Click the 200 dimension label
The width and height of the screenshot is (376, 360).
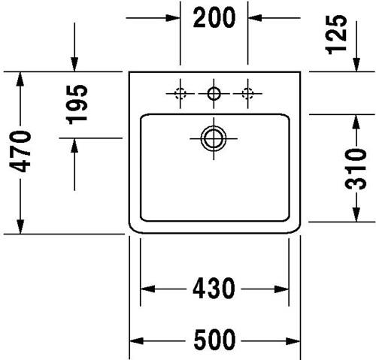pyautogui.click(x=214, y=17)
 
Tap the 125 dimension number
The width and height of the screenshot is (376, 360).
pyautogui.click(x=336, y=35)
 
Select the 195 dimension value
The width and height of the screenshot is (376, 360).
pyautogui.click(x=77, y=104)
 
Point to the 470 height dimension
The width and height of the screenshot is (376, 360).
pyautogui.click(x=20, y=152)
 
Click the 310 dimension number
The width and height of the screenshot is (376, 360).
pyautogui.click(x=356, y=168)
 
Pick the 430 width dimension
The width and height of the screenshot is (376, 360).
pyautogui.click(x=214, y=289)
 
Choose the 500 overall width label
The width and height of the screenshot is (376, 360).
pyautogui.click(x=214, y=340)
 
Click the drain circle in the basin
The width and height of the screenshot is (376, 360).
pyautogui.click(x=214, y=138)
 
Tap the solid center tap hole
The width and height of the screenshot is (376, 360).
pyautogui.click(x=214, y=94)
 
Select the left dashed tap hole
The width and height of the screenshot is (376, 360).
pyautogui.click(x=180, y=94)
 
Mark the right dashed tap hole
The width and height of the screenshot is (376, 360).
pyautogui.click(x=247, y=94)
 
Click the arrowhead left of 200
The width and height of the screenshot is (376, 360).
pyautogui.click(x=173, y=18)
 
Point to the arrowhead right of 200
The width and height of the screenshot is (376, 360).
pyautogui.click(x=255, y=18)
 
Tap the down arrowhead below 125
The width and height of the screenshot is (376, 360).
pyautogui.click(x=356, y=65)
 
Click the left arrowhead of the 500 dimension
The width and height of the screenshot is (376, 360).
pyautogui.click(x=136, y=341)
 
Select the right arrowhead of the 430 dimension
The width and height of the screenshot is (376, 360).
pyautogui.click(x=282, y=289)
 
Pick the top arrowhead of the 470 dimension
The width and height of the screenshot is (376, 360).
pyautogui.click(x=20, y=79)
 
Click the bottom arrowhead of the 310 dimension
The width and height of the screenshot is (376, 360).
pyautogui.click(x=356, y=214)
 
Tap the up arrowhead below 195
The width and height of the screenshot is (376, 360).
pyautogui.click(x=74, y=145)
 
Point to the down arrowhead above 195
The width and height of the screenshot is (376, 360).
pyautogui.click(x=74, y=65)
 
